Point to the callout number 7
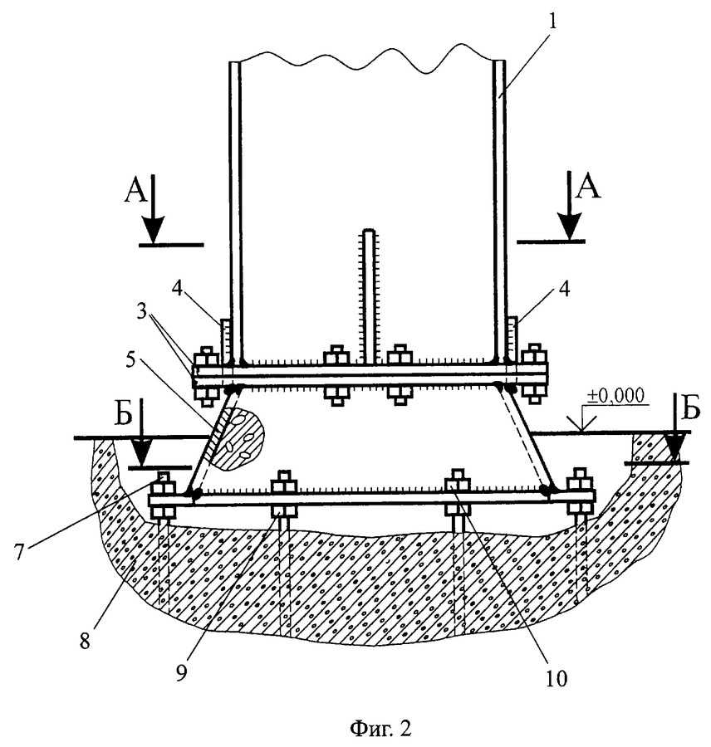click(x=18, y=552)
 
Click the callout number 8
click(x=85, y=641)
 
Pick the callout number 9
click(x=181, y=672)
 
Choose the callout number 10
click(x=557, y=678)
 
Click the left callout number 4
click(x=178, y=289)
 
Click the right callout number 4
click(x=564, y=289)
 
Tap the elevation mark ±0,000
click(x=615, y=395)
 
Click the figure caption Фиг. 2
click(x=380, y=728)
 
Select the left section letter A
click(x=135, y=192)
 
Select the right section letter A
click(x=588, y=188)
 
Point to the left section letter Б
click(x=124, y=415)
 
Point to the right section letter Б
click(x=691, y=408)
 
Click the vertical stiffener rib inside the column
click(x=370, y=297)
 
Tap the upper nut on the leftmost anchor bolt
click(x=163, y=488)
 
